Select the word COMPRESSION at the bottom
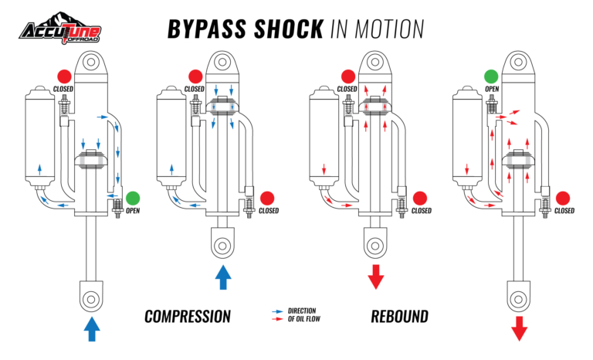[x=188, y=316]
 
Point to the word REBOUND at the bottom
[x=399, y=316]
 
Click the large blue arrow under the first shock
[x=91, y=328]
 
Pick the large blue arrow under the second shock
[x=222, y=277]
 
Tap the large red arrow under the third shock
[x=376, y=277]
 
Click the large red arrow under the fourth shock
[x=519, y=328]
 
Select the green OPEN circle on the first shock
[x=133, y=198]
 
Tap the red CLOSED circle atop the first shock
[x=64, y=76]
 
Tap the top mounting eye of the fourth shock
[x=519, y=61]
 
